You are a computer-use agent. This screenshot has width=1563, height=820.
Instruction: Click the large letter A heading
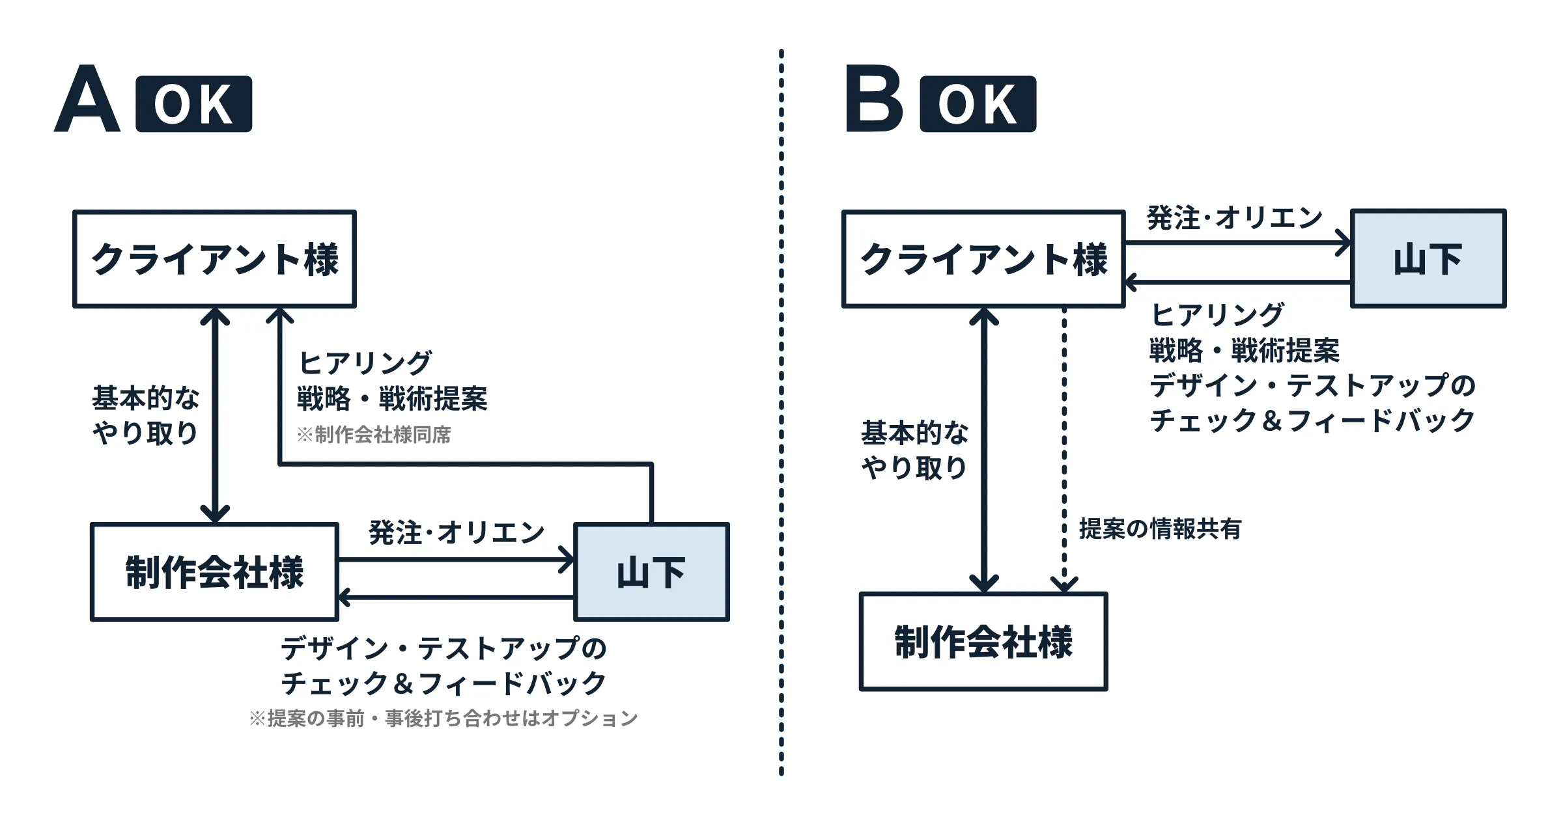tap(87, 99)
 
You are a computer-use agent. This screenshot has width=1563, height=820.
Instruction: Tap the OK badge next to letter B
tap(978, 104)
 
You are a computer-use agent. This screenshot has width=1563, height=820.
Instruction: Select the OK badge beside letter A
tap(193, 104)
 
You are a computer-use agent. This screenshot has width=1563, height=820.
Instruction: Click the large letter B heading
tap(873, 99)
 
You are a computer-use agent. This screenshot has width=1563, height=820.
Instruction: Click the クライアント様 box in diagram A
tap(214, 258)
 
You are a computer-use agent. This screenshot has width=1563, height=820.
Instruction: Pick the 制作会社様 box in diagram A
tap(214, 572)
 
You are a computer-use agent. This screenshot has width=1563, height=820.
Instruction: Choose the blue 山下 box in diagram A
tap(651, 572)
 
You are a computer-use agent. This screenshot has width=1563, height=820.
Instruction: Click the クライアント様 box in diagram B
tap(983, 258)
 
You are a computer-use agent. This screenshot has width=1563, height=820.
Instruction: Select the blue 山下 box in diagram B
tap(1428, 258)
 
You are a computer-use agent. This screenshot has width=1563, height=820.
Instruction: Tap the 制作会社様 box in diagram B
tap(983, 641)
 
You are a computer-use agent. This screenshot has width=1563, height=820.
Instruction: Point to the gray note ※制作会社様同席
tap(374, 435)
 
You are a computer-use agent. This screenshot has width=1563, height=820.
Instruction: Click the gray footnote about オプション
tap(444, 718)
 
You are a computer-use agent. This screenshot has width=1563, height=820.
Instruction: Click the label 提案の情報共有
tap(1160, 528)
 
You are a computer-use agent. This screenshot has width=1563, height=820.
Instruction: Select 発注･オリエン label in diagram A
tap(456, 532)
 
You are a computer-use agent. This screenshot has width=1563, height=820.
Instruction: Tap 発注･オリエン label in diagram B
tap(1234, 218)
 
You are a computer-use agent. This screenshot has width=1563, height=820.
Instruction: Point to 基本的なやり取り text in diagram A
tap(145, 415)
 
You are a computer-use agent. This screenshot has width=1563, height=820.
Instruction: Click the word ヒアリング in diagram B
tap(1217, 315)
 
